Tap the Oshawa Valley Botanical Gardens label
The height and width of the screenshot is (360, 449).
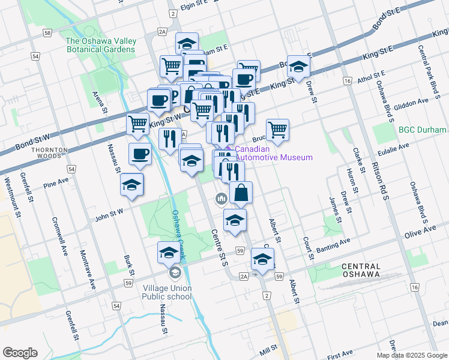click(101, 45)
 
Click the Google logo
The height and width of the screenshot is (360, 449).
click(20, 353)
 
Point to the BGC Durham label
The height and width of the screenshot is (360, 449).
click(423, 130)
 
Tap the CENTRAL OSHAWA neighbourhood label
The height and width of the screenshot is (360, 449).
click(361, 271)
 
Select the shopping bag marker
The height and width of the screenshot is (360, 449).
click(241, 193)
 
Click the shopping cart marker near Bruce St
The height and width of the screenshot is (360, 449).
click(277, 130)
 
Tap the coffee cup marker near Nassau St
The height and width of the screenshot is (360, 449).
click(140, 154)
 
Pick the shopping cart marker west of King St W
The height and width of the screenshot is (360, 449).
click(138, 124)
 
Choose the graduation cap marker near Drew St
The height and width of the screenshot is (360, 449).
click(298, 67)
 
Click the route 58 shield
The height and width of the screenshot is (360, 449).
click(47, 34)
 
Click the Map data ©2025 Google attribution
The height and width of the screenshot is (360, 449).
click(412, 355)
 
